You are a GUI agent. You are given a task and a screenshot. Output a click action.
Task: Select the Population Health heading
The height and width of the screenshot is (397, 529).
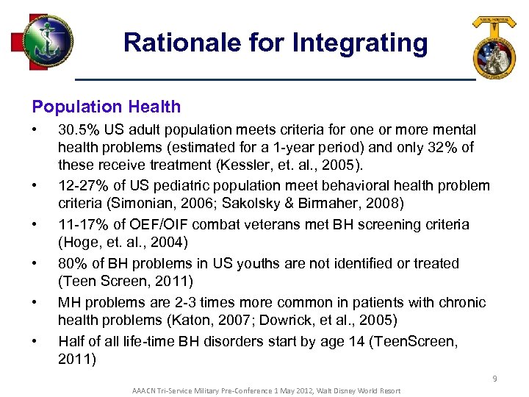(x=107, y=107)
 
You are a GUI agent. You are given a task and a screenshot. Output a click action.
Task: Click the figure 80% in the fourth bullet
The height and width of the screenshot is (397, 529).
(x=72, y=263)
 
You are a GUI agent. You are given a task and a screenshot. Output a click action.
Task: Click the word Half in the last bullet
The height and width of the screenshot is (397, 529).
(x=71, y=341)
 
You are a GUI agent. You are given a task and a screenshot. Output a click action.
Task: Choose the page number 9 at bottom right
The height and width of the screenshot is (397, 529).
(x=494, y=379)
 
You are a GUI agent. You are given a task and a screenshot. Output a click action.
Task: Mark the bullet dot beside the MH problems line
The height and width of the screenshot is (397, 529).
(x=35, y=302)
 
